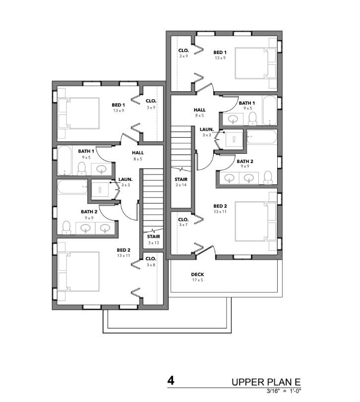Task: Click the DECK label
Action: tap(197, 274)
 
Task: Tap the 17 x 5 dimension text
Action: tap(197, 280)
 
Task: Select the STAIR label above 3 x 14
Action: tap(181, 179)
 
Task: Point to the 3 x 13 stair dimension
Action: tap(153, 242)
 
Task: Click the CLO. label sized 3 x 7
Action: tap(183, 220)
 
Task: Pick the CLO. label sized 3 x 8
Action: tap(151, 259)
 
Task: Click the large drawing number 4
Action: tap(171, 381)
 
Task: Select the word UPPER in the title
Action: tap(248, 382)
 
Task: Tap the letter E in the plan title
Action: tap(297, 382)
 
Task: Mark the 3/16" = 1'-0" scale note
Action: tap(284, 391)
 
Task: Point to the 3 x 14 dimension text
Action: tap(181, 185)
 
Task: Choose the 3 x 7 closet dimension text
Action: tap(183, 225)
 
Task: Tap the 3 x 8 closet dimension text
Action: tap(151, 265)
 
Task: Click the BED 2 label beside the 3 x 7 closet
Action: tap(220, 206)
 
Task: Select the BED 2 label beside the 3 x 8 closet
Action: tap(123, 250)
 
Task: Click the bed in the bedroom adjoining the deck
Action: tap(256, 222)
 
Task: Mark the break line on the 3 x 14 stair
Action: tap(181, 170)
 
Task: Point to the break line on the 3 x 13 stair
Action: tap(153, 230)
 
